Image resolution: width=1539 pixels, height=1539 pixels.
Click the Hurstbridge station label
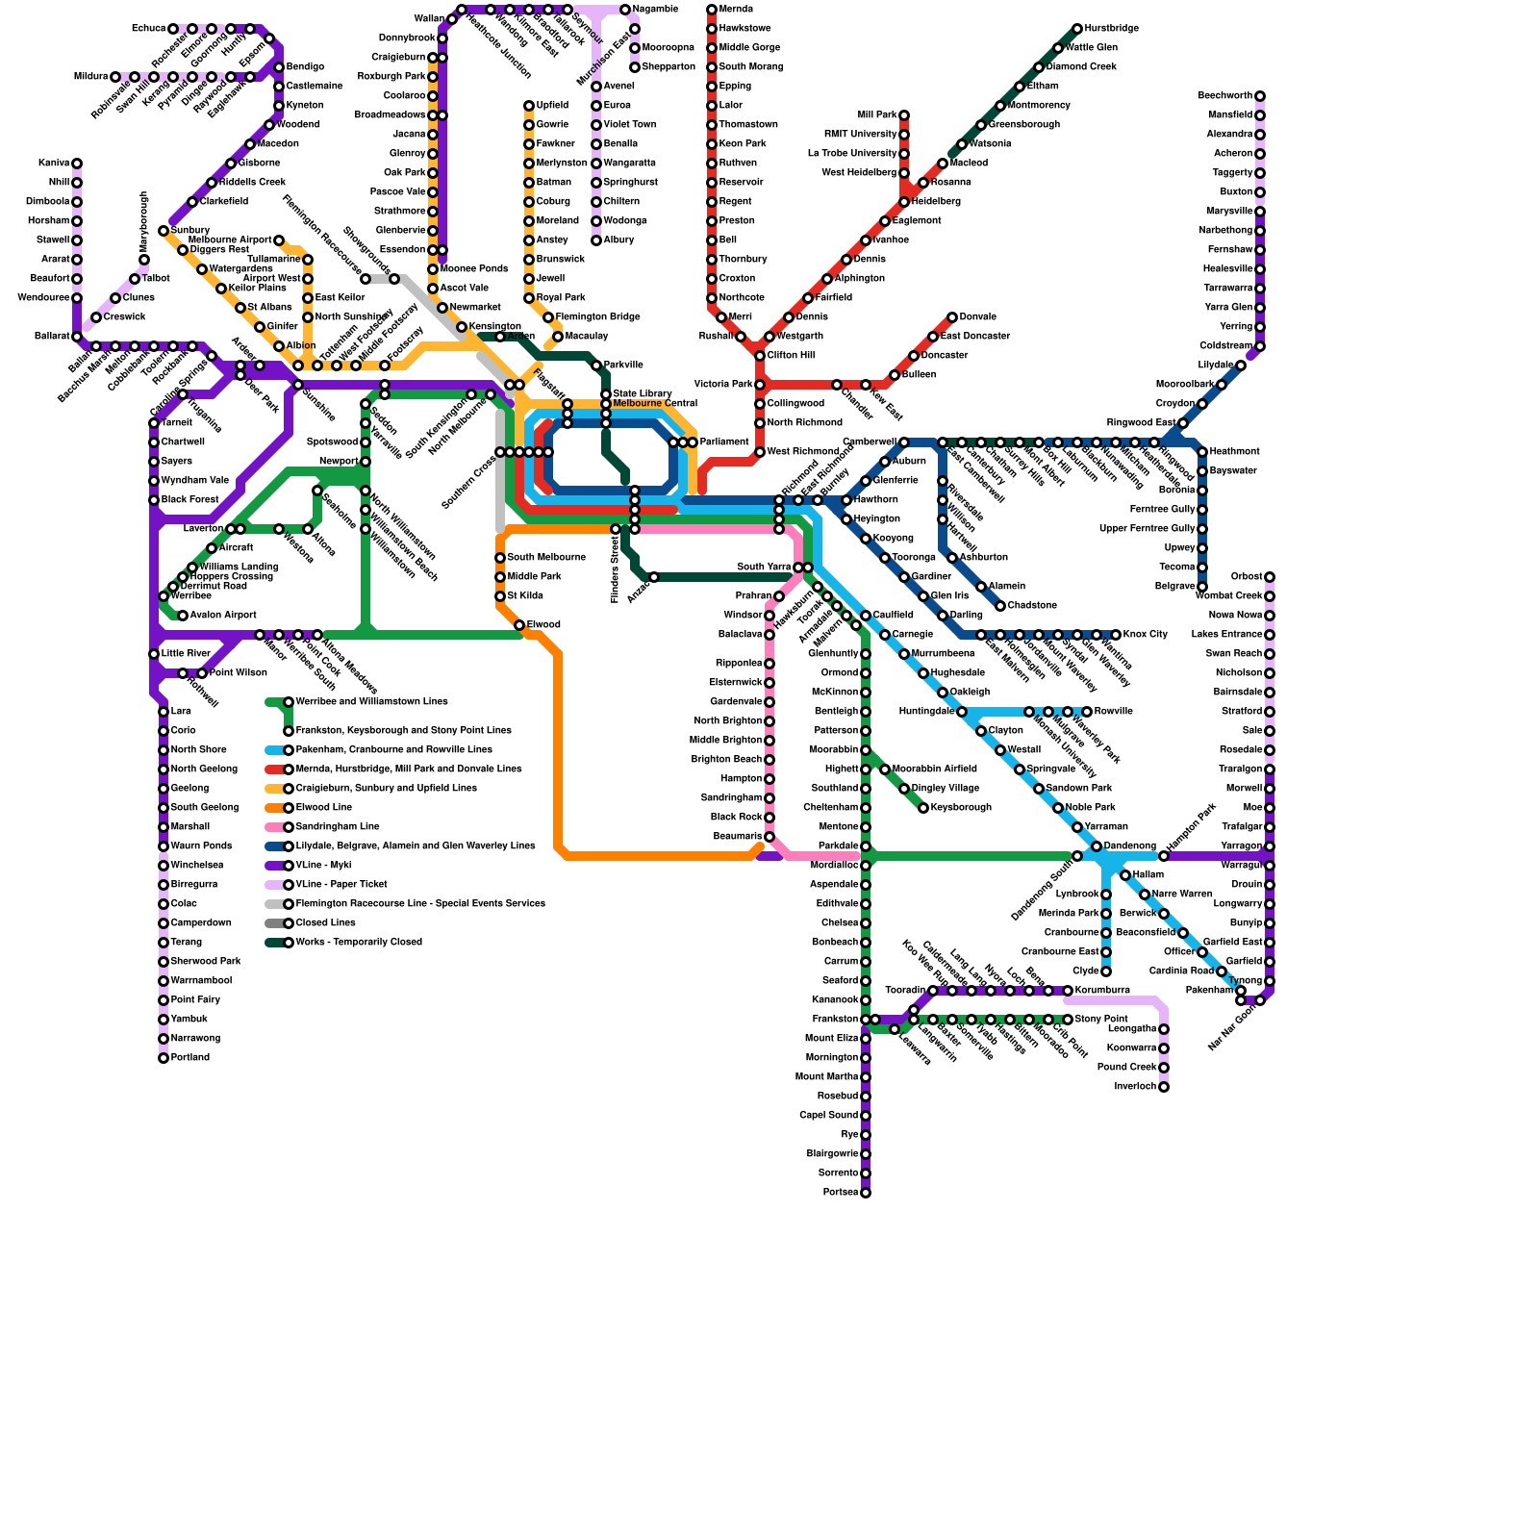pyautogui.click(x=1111, y=29)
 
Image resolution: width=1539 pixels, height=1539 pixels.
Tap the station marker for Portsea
pyautogui.click(x=866, y=1193)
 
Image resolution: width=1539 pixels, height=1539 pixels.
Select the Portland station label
pyautogui.click(x=189, y=1058)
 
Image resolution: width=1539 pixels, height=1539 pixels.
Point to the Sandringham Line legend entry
pyautogui.click(x=337, y=827)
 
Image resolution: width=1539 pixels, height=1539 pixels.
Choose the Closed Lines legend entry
pyautogui.click(x=325, y=923)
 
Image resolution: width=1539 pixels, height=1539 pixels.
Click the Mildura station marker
pyautogui.click(x=115, y=77)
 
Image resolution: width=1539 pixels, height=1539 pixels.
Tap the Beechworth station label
pyautogui.click(x=1224, y=96)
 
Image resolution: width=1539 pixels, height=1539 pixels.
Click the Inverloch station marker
pyautogui.click(x=1164, y=1087)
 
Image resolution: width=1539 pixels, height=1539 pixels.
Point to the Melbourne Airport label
pyautogui.click(x=230, y=240)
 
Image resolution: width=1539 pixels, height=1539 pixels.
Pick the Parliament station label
pyautogui.click(x=724, y=442)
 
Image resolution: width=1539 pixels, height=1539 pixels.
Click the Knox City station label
pyautogui.click(x=1145, y=635)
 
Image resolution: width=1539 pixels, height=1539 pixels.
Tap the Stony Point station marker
pyautogui.click(x=1068, y=1020)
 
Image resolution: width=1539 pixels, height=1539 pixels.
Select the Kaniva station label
pyautogui.click(x=54, y=164)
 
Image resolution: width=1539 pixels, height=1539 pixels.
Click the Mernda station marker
pyautogui.click(x=712, y=10)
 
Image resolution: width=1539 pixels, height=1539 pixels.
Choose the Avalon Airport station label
pyautogui.click(x=222, y=616)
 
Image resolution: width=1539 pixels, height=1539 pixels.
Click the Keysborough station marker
pyautogui.click(x=923, y=808)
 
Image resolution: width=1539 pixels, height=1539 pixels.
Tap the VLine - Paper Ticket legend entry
pyautogui.click(x=341, y=885)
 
